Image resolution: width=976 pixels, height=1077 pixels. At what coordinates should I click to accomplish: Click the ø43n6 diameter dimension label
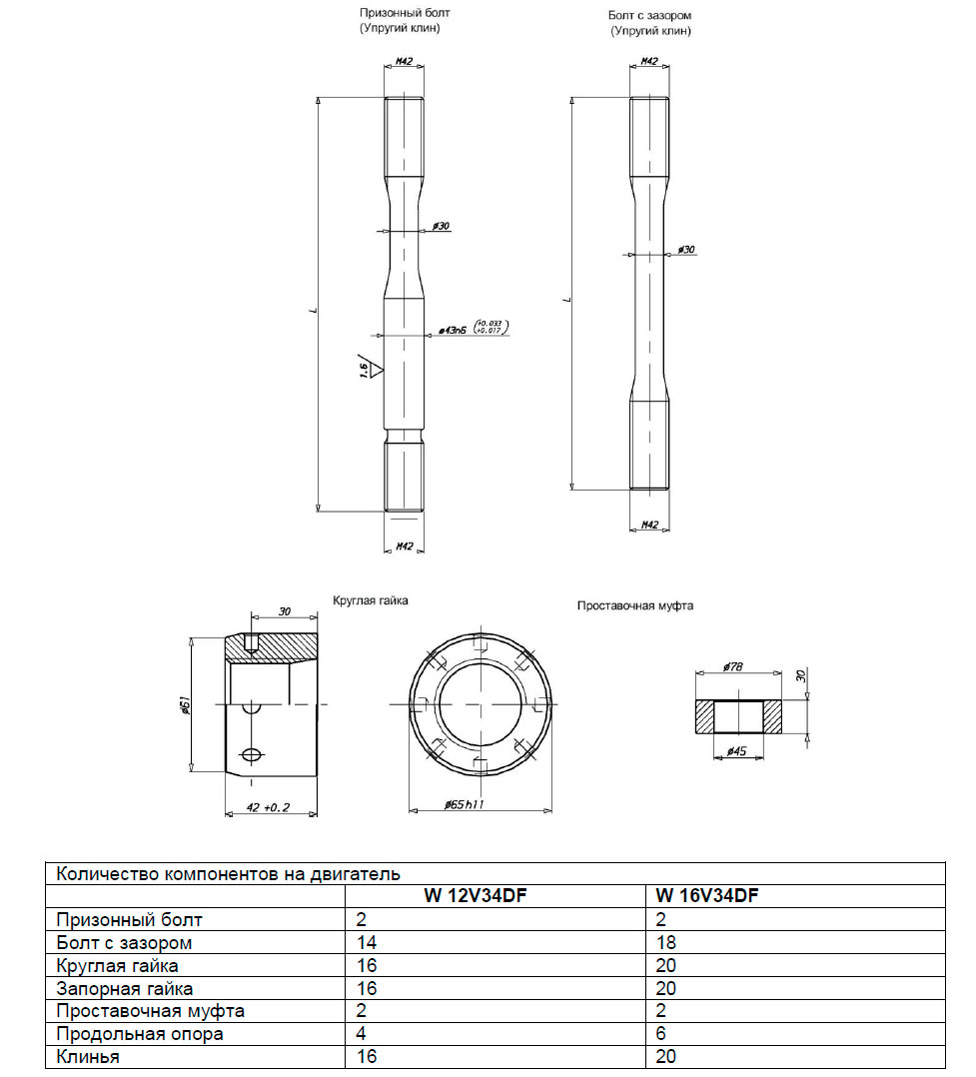[453, 331]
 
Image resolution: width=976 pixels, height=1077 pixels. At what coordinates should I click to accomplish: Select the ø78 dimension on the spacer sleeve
[733, 666]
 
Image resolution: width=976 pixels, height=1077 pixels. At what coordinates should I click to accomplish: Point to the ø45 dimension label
[736, 750]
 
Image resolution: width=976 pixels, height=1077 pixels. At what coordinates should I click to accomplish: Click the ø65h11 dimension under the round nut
[465, 803]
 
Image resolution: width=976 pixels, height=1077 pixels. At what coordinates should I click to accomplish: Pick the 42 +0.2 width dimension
[268, 807]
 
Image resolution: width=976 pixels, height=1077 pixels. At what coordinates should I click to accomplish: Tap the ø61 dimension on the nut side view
[185, 705]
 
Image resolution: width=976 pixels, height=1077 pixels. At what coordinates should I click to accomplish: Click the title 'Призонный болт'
[405, 12]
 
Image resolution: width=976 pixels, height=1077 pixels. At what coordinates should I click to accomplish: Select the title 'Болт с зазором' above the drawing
[649, 15]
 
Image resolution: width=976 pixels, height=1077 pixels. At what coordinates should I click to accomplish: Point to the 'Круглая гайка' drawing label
[371, 600]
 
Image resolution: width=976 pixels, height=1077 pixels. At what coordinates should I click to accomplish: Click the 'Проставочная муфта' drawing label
[635, 605]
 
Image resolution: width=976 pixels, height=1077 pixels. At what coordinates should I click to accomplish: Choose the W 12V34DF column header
[476, 895]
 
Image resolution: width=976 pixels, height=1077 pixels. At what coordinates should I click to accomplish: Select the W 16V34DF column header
[707, 895]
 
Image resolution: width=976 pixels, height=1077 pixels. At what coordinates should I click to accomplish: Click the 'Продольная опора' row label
[140, 1034]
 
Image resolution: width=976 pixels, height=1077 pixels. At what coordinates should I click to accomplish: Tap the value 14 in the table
[367, 942]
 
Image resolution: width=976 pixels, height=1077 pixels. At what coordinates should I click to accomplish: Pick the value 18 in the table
[665, 942]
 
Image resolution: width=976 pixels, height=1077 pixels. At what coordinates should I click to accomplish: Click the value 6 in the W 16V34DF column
[660, 1034]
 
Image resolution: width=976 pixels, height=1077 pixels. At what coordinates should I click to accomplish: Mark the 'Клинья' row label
[88, 1056]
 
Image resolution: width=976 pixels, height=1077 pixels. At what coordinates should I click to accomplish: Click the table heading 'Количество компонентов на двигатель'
[228, 873]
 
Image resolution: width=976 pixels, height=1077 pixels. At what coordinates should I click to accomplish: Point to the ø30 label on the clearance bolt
[686, 250]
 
